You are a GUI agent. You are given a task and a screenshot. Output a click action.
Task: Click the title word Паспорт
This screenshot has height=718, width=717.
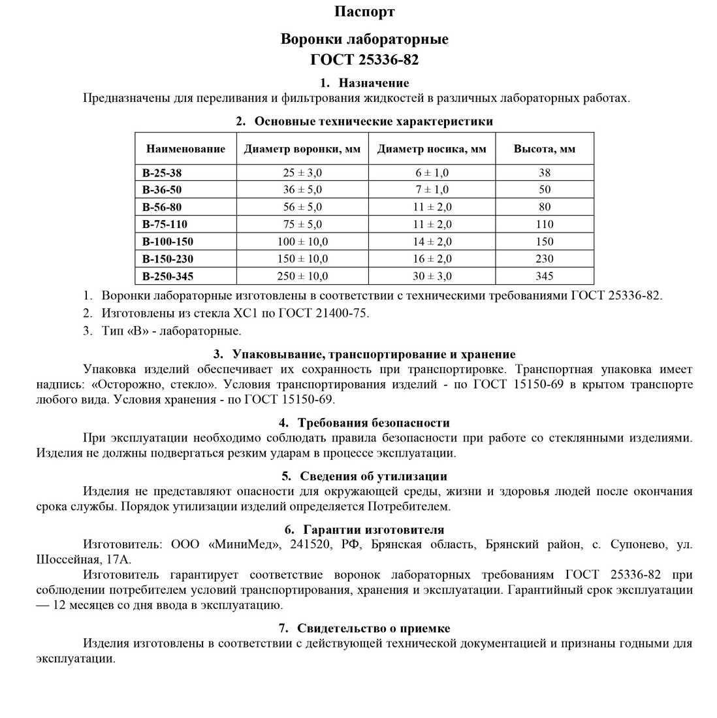point(364,12)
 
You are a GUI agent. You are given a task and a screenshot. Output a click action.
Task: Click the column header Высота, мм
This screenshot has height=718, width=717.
point(545,149)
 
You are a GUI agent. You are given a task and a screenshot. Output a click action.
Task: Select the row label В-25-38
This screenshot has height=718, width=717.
point(161,173)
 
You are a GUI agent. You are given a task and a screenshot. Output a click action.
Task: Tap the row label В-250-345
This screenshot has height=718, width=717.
point(168,276)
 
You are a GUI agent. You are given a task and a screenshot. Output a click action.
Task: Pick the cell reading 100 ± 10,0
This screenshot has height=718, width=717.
point(302,242)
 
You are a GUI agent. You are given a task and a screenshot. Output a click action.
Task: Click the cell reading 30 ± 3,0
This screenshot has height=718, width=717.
point(432,276)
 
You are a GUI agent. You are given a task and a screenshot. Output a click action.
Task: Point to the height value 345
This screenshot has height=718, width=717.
point(544,276)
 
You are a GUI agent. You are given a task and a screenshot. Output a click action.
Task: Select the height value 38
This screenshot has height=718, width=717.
point(545,173)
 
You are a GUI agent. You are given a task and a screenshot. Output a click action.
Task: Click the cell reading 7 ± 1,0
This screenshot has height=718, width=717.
point(432,190)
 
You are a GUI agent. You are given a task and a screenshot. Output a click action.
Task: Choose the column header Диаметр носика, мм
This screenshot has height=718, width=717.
point(432,149)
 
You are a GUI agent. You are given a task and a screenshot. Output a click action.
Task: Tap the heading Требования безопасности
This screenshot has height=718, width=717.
point(374,423)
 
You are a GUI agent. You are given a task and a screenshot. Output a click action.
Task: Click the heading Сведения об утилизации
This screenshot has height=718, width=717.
point(374,476)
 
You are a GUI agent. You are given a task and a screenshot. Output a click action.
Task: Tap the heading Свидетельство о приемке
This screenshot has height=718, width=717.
point(374,628)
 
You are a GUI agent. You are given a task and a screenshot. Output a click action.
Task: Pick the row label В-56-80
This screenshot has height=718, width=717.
point(161,207)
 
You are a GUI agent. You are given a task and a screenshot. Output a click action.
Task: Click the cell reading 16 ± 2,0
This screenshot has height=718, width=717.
point(432,259)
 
